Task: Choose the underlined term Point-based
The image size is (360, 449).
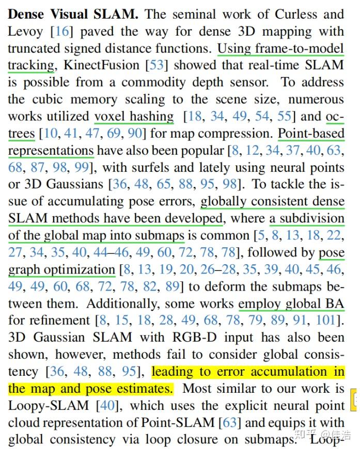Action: point(311,133)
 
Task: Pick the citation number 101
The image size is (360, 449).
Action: point(326,320)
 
